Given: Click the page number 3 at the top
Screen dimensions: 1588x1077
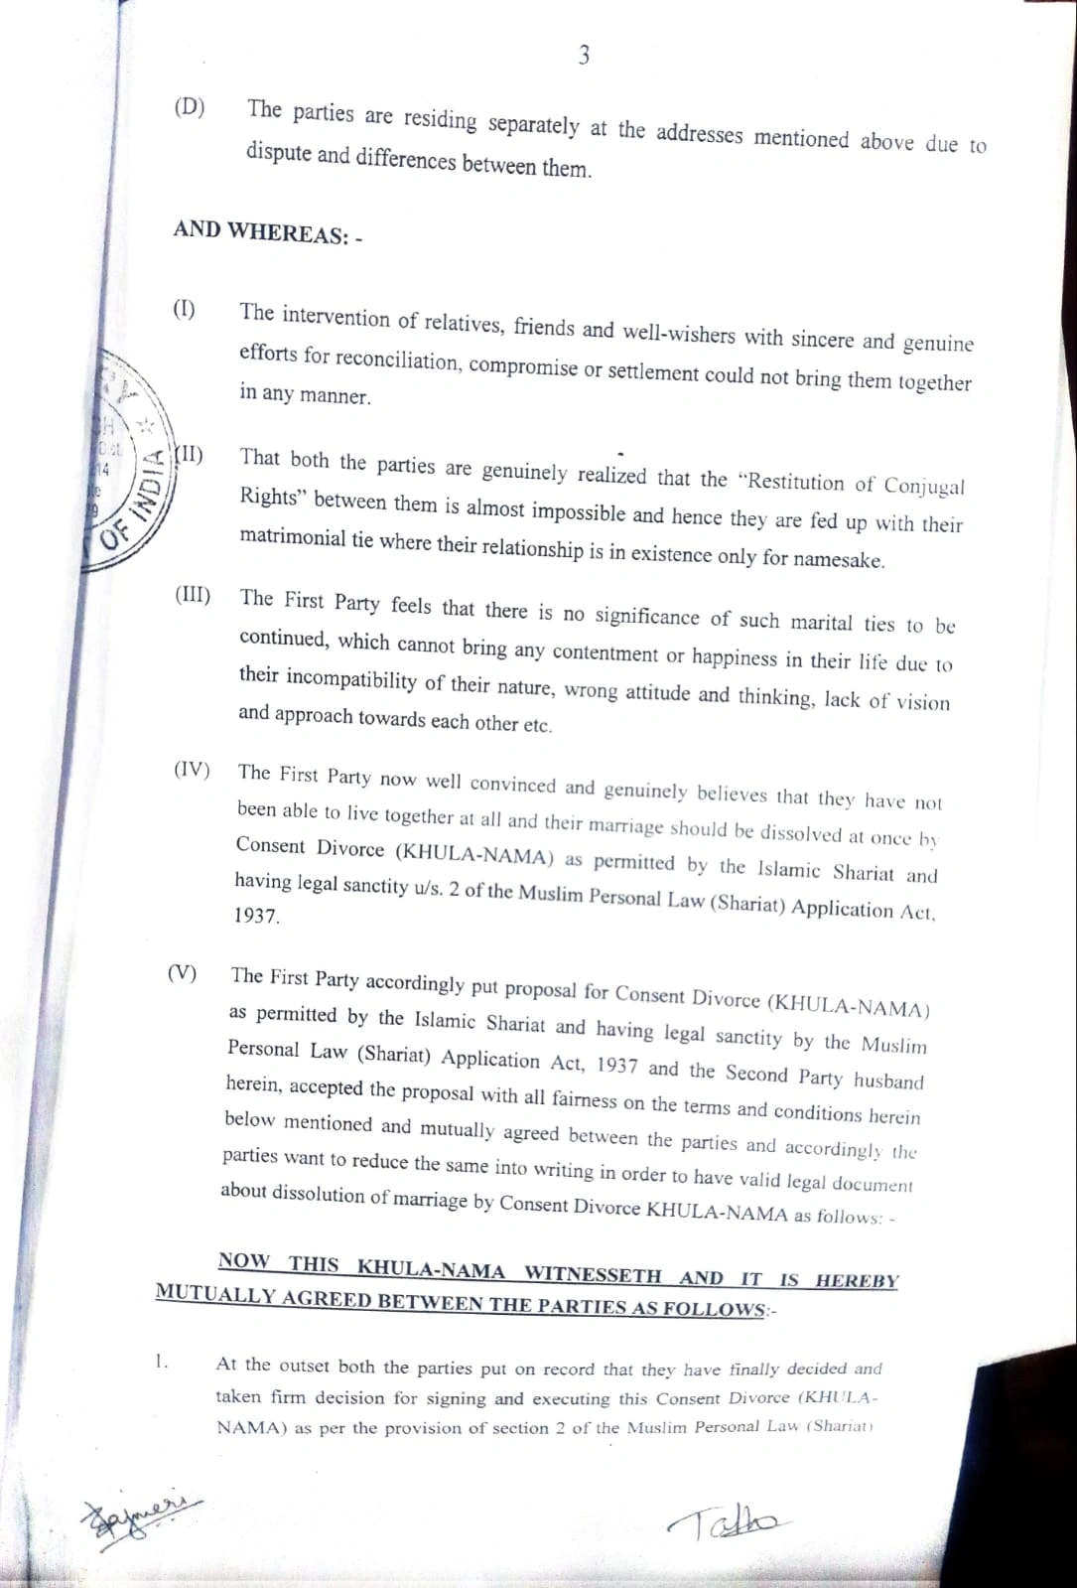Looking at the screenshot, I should point(584,56).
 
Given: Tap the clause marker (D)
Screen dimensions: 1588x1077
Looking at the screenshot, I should point(189,107).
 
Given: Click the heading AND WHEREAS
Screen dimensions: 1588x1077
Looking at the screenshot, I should point(267,232).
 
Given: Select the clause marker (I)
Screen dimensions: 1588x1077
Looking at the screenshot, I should point(185,309).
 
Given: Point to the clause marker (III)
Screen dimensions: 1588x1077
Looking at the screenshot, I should point(193,596).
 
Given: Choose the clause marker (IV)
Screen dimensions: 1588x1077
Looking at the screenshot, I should point(192,769).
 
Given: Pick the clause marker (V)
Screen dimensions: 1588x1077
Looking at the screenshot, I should point(182,973).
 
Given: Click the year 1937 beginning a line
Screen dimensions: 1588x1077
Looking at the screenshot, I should point(257,916).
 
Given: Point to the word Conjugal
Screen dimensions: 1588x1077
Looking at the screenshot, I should point(923,487).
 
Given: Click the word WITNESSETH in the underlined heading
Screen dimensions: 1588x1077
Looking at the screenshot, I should point(593,1273).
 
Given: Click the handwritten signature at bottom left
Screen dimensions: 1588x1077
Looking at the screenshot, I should point(138,1515).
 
